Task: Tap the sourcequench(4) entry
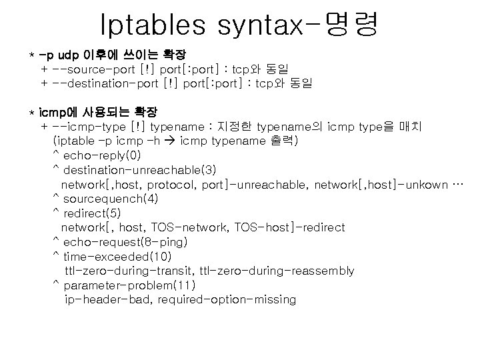pos(111,199)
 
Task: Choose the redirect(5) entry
pos(92,213)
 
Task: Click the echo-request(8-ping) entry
pos(125,242)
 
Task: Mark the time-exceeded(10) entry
pos(117,257)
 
